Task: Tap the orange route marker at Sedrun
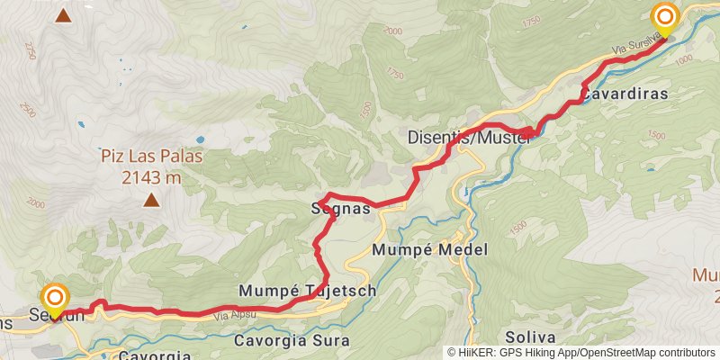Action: click(56, 298)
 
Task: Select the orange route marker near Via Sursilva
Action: click(665, 17)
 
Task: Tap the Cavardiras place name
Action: click(622, 93)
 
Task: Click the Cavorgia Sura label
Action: click(290, 341)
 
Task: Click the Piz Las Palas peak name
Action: click(151, 157)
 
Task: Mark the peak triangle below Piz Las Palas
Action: click(151, 200)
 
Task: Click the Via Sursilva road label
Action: click(633, 44)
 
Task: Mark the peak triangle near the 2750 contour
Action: click(63, 14)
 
